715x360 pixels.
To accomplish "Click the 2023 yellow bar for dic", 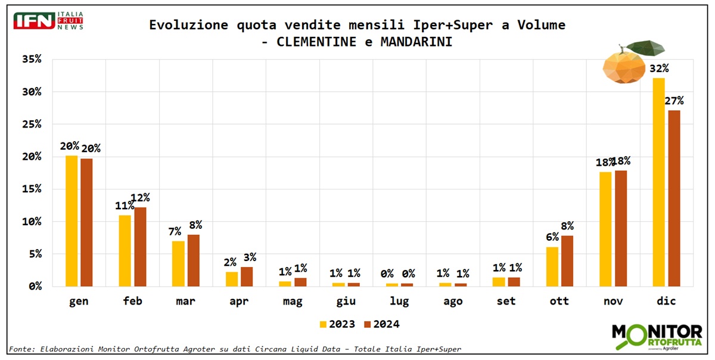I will (x=658, y=182).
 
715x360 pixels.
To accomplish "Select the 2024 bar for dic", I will (x=674, y=198).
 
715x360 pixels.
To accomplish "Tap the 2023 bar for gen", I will (x=71, y=221).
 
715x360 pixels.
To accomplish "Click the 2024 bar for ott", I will (x=567, y=260).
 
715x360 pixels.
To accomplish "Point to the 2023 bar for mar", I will (x=178, y=263).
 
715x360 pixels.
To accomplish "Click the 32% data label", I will (x=660, y=68).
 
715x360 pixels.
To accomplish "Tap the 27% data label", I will (x=674, y=100).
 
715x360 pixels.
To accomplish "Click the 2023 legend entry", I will (x=337, y=324).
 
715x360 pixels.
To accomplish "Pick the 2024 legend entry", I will (x=382, y=324).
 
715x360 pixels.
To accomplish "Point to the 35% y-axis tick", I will (x=31, y=59).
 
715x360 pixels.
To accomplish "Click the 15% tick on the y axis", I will (x=31, y=189).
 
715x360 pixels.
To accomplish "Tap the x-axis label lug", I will (x=399, y=302).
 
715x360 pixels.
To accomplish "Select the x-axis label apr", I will (x=239, y=302).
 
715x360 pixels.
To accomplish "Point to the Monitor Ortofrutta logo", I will (x=657, y=337).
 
